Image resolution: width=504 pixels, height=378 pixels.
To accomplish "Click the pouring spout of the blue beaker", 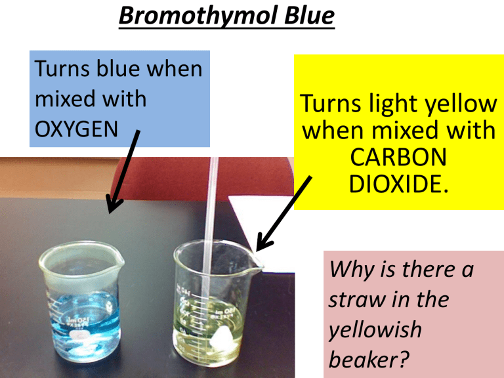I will [119, 261].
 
